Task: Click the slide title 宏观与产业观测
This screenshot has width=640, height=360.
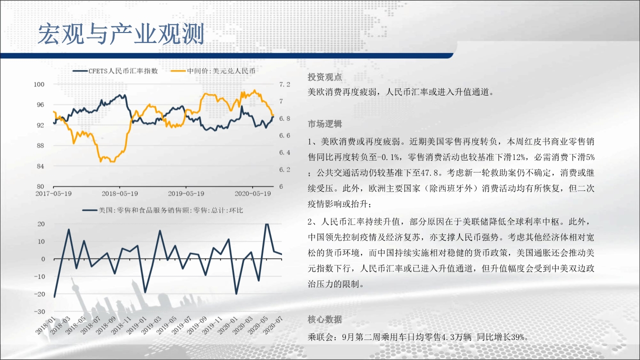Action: click(121, 34)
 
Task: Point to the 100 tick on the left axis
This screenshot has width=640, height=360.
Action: click(39, 84)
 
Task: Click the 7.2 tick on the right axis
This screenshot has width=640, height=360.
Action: click(284, 84)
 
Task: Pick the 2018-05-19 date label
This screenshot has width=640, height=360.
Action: click(119, 193)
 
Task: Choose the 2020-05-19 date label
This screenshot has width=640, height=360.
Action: click(252, 193)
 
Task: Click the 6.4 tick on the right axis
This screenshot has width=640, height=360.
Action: click(284, 152)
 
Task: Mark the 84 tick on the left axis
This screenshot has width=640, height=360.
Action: click(40, 166)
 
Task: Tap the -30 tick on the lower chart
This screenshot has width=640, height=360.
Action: click(39, 311)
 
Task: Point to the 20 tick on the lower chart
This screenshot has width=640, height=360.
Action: click(41, 224)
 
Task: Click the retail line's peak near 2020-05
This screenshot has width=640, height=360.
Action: click(266, 224)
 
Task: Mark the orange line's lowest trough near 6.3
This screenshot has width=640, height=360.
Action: click(112, 161)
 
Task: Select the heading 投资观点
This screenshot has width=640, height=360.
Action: click(325, 77)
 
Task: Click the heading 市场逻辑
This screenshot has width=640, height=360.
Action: click(325, 123)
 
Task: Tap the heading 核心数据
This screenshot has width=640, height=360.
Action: click(325, 319)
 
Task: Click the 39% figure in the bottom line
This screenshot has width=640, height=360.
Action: click(517, 337)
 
